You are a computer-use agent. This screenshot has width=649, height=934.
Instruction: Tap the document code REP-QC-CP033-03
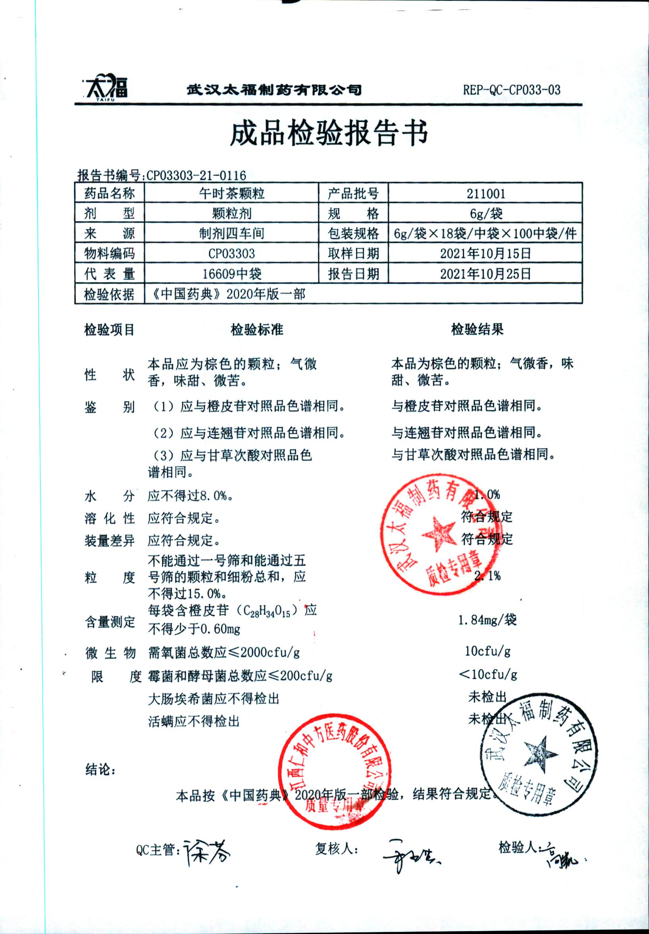(511, 90)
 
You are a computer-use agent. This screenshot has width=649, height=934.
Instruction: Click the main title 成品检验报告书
(329, 134)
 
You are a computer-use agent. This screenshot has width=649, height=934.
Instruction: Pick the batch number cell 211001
(485, 193)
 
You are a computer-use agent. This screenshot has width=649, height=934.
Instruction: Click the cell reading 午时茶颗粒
(231, 193)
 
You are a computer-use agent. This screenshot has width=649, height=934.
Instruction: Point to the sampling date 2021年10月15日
(485, 254)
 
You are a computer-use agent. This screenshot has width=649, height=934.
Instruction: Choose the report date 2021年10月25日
(485, 273)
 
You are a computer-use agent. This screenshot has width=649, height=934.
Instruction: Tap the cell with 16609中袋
(231, 273)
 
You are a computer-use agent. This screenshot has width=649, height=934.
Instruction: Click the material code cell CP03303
(231, 254)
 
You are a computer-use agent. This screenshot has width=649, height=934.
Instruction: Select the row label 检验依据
(109, 294)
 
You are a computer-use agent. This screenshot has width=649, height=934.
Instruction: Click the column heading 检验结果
(477, 329)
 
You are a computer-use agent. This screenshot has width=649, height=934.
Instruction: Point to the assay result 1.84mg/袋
(487, 620)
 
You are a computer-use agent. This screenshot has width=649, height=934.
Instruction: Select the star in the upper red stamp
(438, 534)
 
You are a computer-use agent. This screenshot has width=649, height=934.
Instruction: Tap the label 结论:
(100, 770)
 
